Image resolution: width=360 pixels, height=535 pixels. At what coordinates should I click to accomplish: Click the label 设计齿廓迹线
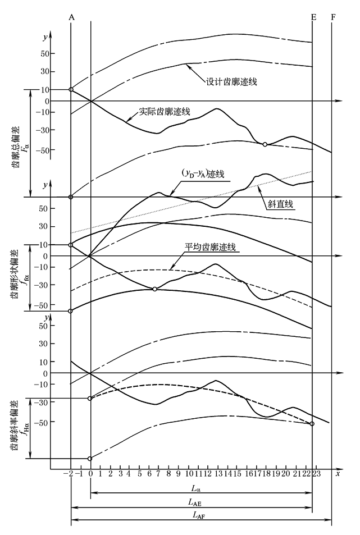tap(231, 82)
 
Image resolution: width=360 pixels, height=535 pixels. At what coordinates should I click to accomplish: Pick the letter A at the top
tap(71, 17)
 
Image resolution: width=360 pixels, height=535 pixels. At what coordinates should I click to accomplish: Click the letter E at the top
tap(313, 17)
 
